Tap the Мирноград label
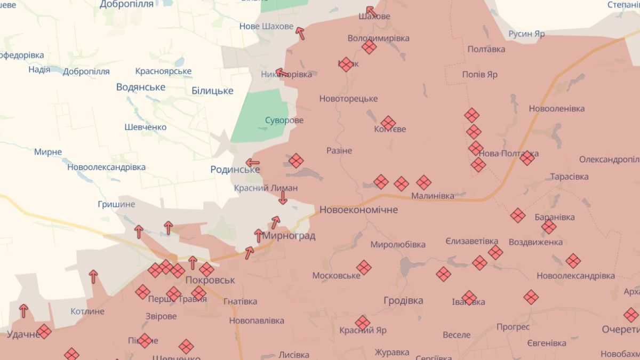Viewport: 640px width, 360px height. click(289, 236)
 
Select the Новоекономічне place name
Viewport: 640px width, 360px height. click(358, 210)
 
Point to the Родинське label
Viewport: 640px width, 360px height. click(235, 170)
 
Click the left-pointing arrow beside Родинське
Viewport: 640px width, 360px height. click(252, 163)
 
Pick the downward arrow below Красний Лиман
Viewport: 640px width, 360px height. click(283, 197)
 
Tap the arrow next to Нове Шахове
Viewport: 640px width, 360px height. click(300, 33)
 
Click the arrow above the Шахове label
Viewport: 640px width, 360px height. click(371, 11)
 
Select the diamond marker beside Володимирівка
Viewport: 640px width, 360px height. click(369, 47)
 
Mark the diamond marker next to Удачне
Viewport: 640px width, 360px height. click(44, 331)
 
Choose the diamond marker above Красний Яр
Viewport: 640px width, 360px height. click(362, 322)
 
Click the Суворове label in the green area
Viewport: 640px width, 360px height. click(284, 120)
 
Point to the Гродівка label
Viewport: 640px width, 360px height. click(403, 301)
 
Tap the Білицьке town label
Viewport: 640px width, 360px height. click(212, 91)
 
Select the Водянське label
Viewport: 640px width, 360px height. click(141, 87)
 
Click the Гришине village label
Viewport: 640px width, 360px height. click(116, 204)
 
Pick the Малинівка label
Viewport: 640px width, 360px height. click(432, 196)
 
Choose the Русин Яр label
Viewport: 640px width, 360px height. click(526, 34)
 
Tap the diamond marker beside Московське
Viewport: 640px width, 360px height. click(364, 267)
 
